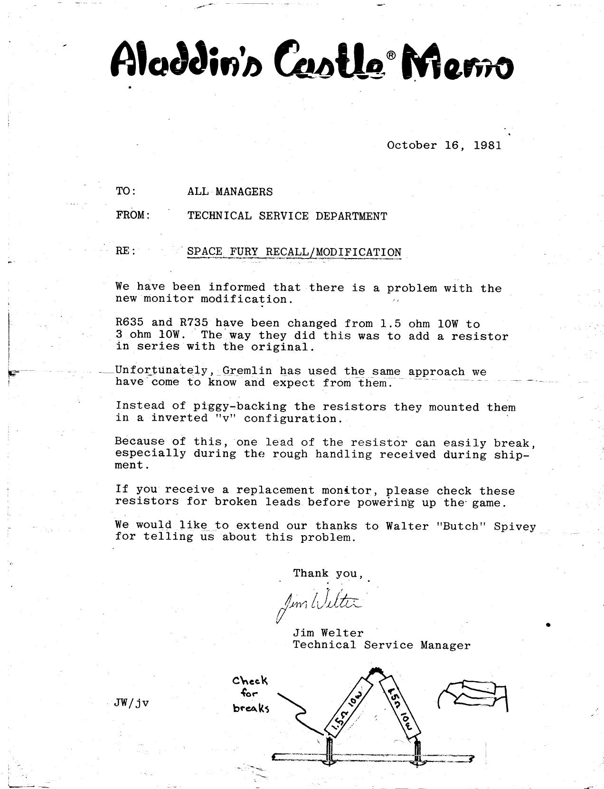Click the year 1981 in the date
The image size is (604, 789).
[487, 145]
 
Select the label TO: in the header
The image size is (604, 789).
[126, 191]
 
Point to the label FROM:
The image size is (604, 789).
[133, 215]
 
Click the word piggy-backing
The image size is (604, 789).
[240, 407]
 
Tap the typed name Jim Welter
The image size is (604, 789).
[328, 633]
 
